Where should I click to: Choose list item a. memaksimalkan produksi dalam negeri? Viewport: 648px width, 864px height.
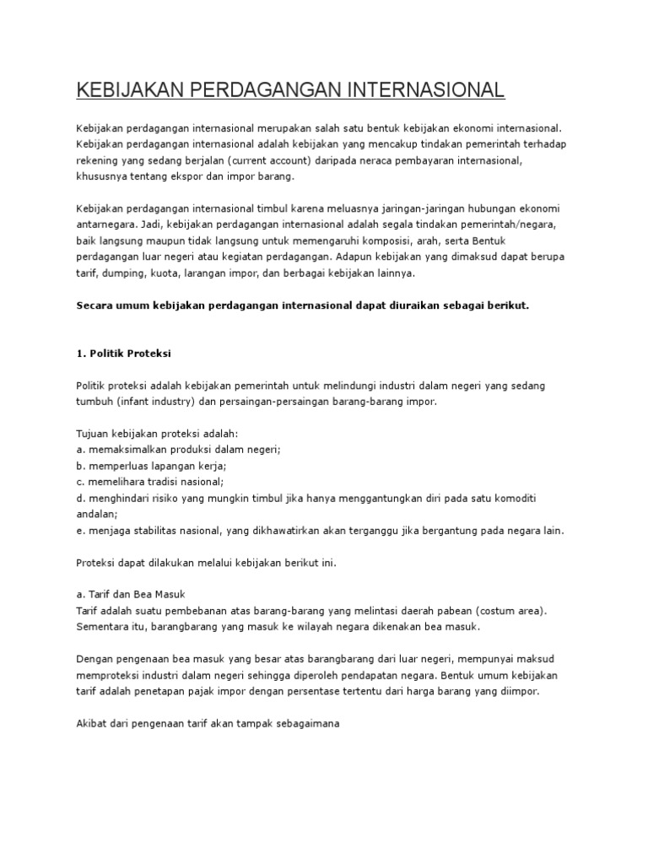[178, 450]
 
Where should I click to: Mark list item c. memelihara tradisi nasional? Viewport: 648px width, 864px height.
[149, 482]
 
